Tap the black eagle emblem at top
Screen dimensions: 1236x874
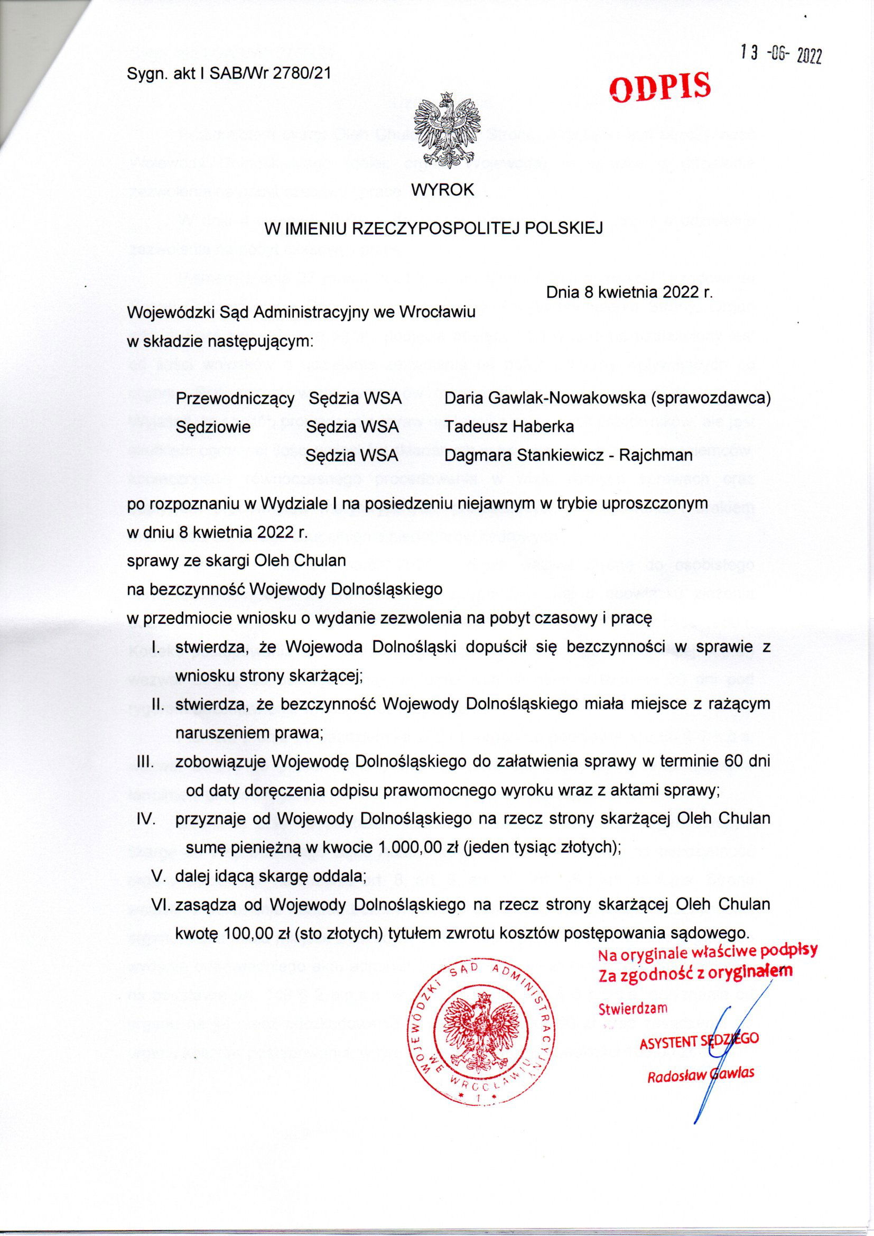click(444, 130)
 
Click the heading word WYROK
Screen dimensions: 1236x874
click(442, 190)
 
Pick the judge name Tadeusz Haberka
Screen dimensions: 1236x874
click(509, 427)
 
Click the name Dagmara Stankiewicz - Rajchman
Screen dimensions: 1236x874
click(569, 455)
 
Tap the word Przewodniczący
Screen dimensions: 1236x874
click(235, 399)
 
